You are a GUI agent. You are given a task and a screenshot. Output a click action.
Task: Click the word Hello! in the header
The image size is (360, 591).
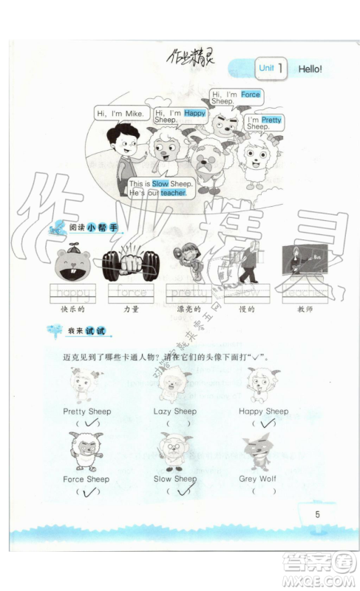click(310, 69)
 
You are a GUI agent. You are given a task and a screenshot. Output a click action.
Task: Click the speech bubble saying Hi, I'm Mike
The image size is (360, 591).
click(120, 113)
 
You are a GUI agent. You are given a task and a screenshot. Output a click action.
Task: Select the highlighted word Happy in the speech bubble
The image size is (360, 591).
click(194, 113)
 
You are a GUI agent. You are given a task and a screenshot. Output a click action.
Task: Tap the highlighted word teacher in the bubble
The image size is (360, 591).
click(171, 193)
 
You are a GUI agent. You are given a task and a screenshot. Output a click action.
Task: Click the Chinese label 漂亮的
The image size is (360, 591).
click(185, 308)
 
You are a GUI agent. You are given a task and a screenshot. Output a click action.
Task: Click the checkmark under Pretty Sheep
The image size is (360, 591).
click(92, 423)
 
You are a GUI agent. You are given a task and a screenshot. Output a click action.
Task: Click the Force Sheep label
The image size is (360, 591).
click(86, 479)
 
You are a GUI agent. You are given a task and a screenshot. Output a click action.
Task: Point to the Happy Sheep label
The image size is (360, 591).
click(263, 411)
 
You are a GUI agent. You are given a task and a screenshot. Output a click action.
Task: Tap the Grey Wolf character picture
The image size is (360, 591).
click(258, 452)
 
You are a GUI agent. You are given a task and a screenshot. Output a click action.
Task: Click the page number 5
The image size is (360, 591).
click(317, 514)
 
